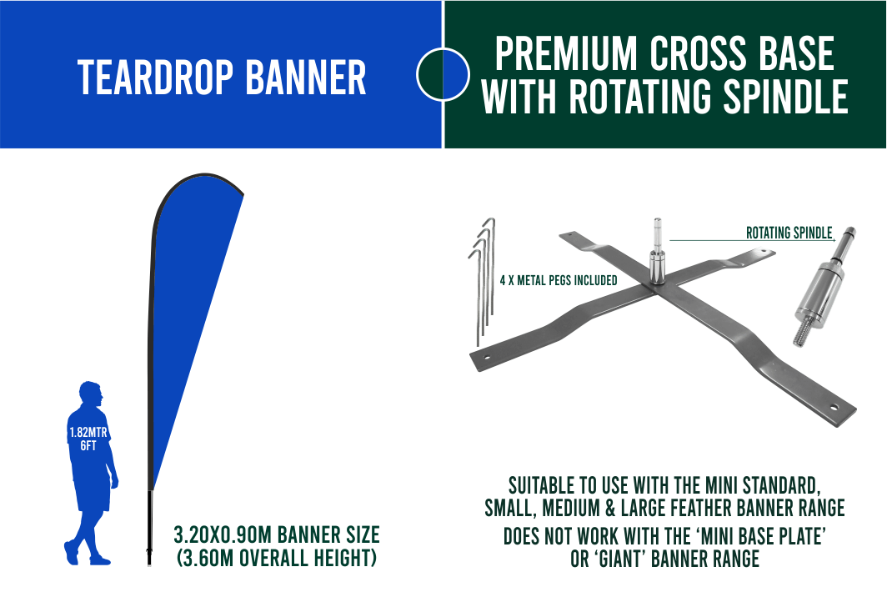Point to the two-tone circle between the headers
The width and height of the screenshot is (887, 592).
pyautogui.click(x=443, y=74)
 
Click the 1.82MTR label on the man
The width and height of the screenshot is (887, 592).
pyautogui.click(x=88, y=433)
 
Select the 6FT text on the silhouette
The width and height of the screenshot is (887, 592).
pyautogui.click(x=88, y=445)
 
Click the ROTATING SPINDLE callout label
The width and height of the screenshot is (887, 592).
pyautogui.click(x=789, y=233)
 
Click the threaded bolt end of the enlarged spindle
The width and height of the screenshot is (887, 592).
pyautogui.click(x=800, y=334)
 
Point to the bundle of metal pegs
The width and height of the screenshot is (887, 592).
pyautogui.click(x=483, y=280)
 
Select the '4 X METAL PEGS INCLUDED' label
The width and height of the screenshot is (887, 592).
pyautogui.click(x=559, y=280)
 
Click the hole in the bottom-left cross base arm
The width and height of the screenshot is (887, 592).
pyautogui.click(x=486, y=357)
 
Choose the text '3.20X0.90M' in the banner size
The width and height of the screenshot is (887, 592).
pyautogui.click(x=223, y=534)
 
